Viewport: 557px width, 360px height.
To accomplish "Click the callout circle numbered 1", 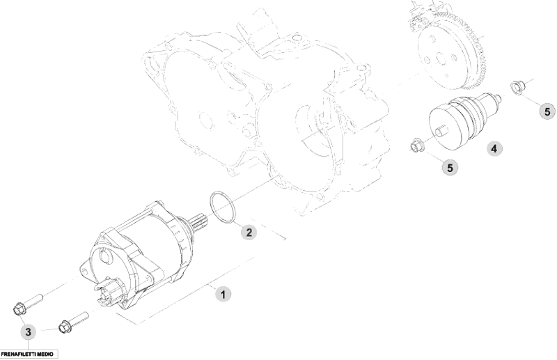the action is coord(223,295).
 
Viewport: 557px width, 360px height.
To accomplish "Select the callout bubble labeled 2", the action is coord(249,233).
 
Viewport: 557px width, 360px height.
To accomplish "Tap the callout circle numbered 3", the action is coord(28,332).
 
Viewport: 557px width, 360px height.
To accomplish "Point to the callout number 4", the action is coord(494,148).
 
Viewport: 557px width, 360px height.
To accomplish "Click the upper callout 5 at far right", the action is coord(547,111).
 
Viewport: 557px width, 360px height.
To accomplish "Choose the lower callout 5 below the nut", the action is coord(450,167).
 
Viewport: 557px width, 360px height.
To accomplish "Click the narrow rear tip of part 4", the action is coord(499,97).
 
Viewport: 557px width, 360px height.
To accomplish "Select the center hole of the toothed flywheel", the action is coord(440,58).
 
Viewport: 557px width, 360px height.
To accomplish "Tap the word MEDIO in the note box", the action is coord(45,354).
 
